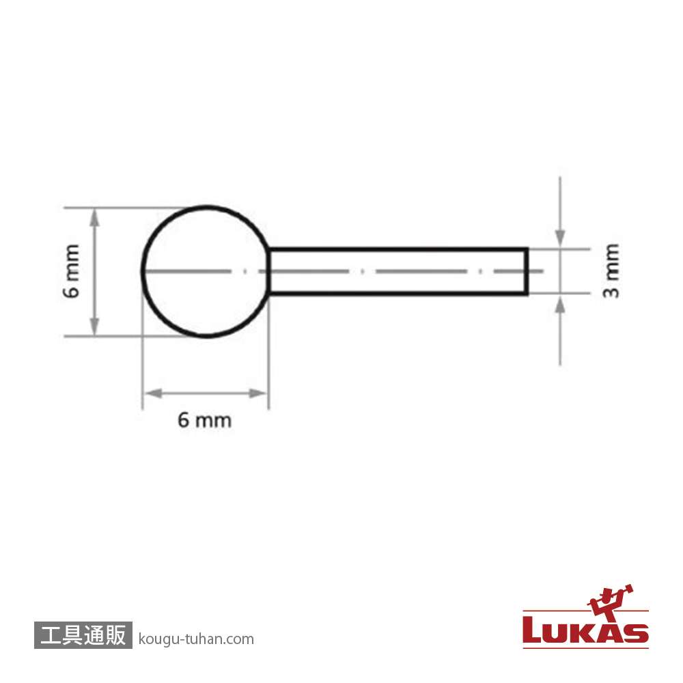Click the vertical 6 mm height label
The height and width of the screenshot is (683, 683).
pos(72,271)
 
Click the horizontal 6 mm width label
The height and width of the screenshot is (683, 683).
pos(204,420)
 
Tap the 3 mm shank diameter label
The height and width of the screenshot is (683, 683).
pos(611,270)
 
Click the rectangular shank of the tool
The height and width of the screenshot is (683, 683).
pos(399,249)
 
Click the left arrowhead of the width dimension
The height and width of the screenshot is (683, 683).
pos(153,394)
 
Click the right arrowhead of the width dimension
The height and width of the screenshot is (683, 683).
pos(257,394)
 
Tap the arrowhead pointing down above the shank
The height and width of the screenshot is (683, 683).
pos(560,238)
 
